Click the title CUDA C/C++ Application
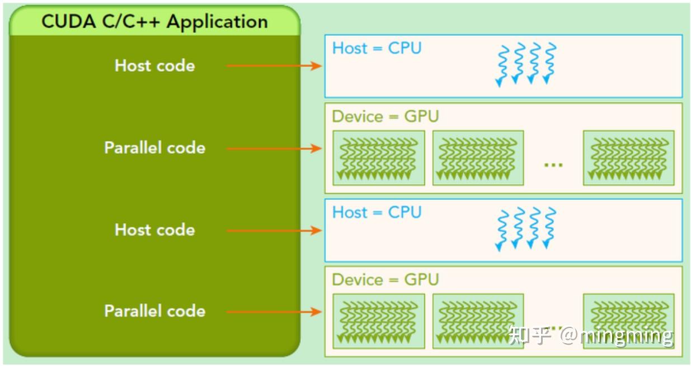(154, 21)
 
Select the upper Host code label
(155, 65)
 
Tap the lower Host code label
(155, 229)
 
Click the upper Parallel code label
(155, 148)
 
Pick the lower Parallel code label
(155, 311)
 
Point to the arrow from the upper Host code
(274, 66)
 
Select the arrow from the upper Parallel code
(274, 148)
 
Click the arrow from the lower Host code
(274, 230)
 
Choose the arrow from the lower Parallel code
(274, 312)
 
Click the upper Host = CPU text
(377, 48)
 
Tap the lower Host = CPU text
(377, 212)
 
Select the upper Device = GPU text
(385, 116)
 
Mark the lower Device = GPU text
(385, 279)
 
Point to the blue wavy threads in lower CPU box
(527, 228)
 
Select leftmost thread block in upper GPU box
(379, 158)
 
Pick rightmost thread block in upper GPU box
(628, 158)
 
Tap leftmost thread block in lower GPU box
(379, 321)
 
